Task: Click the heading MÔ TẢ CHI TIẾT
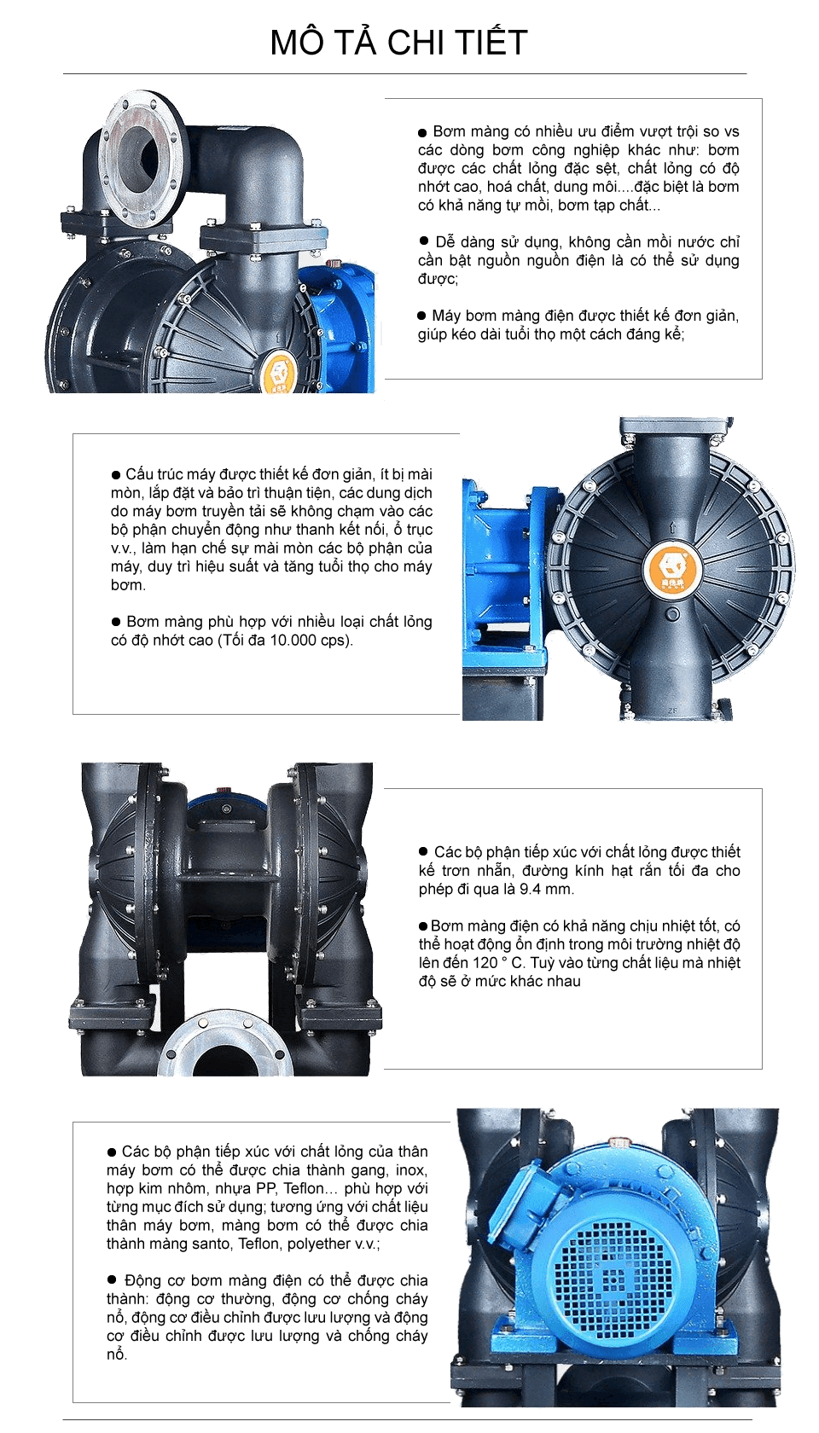pos(398,42)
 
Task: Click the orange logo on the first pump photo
pos(279,372)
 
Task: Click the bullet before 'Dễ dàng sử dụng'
pos(424,241)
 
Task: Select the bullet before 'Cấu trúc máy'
pos(116,474)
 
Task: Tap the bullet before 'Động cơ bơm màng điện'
pos(112,1279)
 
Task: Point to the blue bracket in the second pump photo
pos(503,563)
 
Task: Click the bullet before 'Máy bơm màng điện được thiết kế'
pos(421,316)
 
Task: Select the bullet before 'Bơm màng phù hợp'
pos(116,622)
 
